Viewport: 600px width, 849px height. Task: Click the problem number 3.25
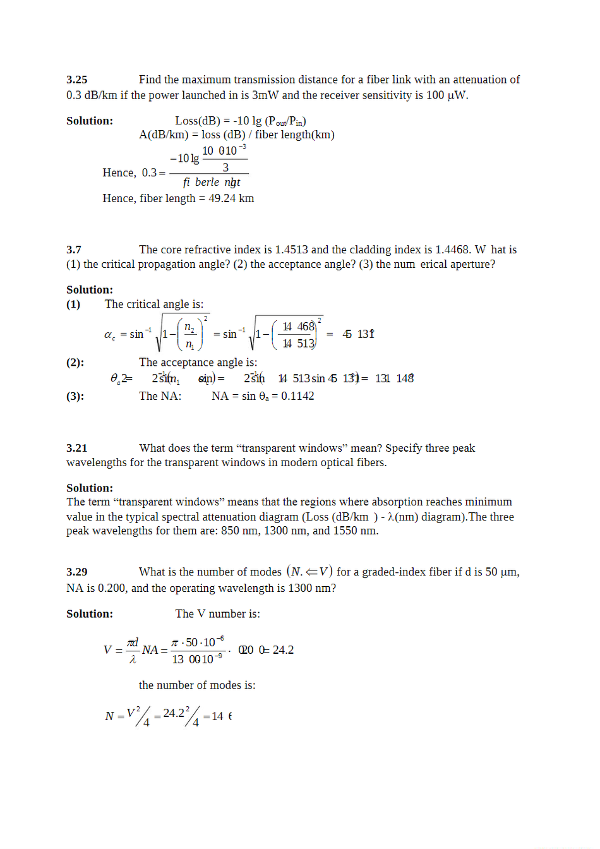click(76, 80)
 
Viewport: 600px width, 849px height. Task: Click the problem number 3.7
click(73, 250)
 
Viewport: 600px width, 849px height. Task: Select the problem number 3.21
click(76, 448)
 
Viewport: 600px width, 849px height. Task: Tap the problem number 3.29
click(76, 572)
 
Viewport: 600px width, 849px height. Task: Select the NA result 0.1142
click(297, 396)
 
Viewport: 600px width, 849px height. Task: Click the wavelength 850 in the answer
click(229, 531)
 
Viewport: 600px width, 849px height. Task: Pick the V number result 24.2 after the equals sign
click(283, 650)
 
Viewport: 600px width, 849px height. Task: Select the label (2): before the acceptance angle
click(75, 363)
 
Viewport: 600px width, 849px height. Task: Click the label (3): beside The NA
click(75, 396)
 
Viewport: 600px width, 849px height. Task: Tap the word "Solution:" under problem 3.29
click(90, 614)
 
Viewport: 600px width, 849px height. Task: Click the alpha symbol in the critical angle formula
click(109, 335)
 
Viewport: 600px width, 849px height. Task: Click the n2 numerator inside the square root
click(189, 327)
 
